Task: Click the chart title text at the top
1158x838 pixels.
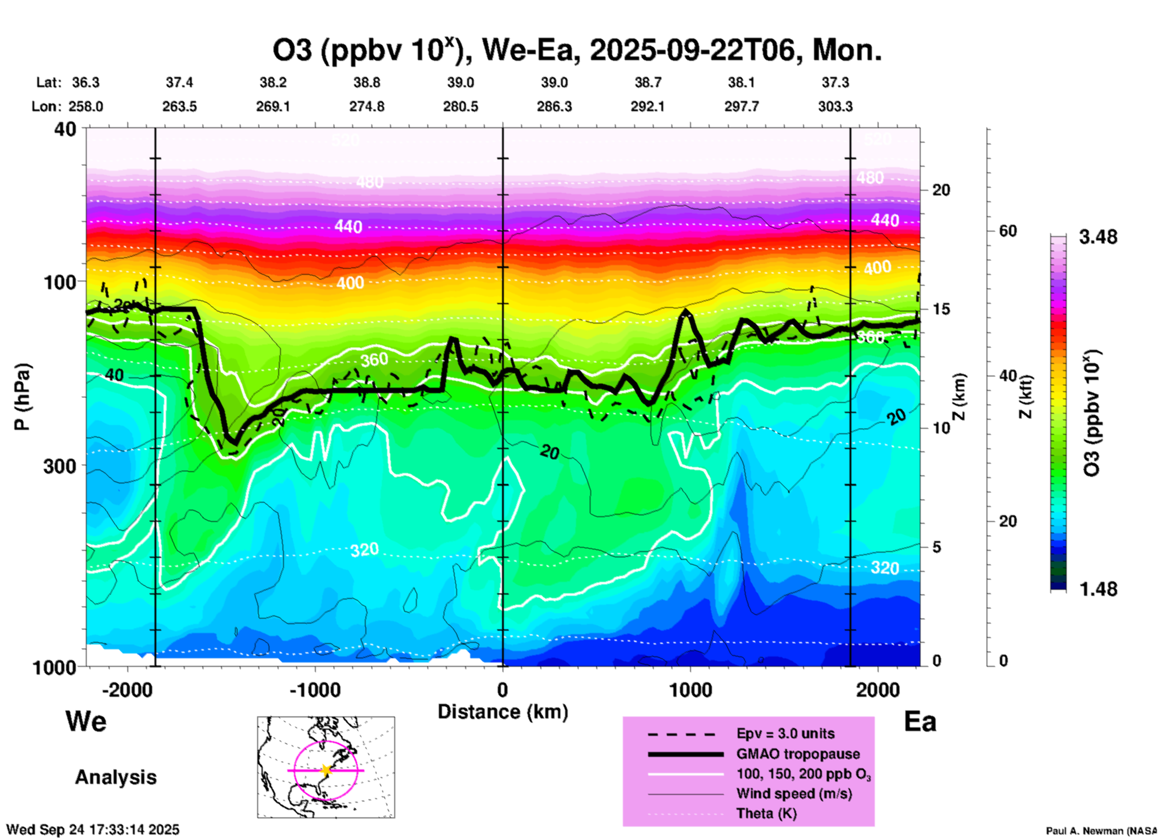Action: [577, 50]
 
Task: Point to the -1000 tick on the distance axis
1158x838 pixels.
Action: [314, 690]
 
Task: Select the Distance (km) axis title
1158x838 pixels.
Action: [503, 712]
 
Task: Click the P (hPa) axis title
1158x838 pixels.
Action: [22, 397]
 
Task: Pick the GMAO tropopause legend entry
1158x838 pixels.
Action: [798, 754]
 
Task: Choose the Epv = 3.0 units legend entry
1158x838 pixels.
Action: [785, 733]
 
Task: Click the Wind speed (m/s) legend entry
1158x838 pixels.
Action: [794, 794]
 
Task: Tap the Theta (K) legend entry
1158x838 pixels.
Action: [766, 813]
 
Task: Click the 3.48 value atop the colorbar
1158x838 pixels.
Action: [1098, 237]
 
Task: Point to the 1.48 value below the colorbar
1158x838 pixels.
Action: [1098, 589]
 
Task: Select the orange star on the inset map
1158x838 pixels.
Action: [326, 770]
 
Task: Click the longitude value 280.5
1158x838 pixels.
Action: [461, 106]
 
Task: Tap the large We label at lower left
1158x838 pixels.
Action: [86, 721]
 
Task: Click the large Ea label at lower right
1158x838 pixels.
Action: [920, 721]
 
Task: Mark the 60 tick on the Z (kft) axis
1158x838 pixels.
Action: [1008, 231]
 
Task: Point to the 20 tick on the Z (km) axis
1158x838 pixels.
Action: [941, 190]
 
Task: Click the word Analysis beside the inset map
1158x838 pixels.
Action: [115, 777]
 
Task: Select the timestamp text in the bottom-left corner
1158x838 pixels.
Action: [93, 830]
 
